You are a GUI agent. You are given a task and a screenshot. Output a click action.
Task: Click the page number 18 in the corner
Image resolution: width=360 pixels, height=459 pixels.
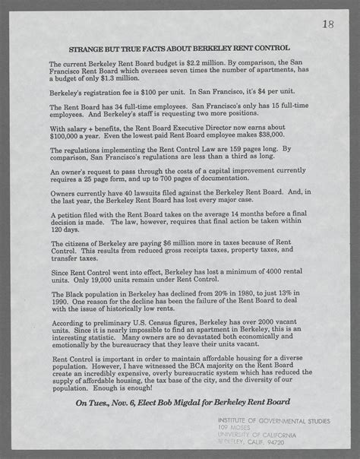pyautogui.click(x=327, y=25)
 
